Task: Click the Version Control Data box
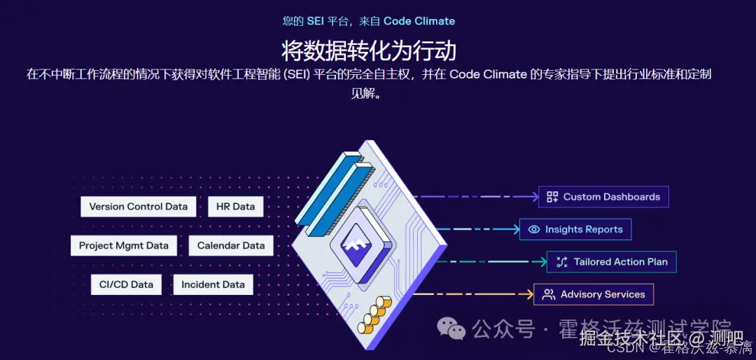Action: pyautogui.click(x=138, y=207)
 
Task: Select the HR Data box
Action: pyautogui.click(x=234, y=207)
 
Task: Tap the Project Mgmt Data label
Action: pyautogui.click(x=123, y=246)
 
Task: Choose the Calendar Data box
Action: pyautogui.click(x=231, y=246)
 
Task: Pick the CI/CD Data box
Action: pyautogui.click(x=126, y=284)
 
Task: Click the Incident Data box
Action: pyautogui.click(x=213, y=284)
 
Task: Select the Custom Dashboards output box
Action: pyautogui.click(x=603, y=197)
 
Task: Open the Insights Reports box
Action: pyautogui.click(x=575, y=229)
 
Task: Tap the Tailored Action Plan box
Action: pyautogui.click(x=612, y=262)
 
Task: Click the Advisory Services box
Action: pyautogui.click(x=594, y=294)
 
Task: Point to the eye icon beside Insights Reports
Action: pyautogui.click(x=534, y=229)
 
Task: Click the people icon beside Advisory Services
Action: pyautogui.click(x=548, y=294)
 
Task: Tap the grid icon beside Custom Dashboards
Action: pyautogui.click(x=552, y=197)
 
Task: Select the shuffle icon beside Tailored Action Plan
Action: pyautogui.click(x=561, y=262)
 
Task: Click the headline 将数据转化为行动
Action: pyautogui.click(x=369, y=50)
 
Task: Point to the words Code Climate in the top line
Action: pyautogui.click(x=419, y=21)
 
